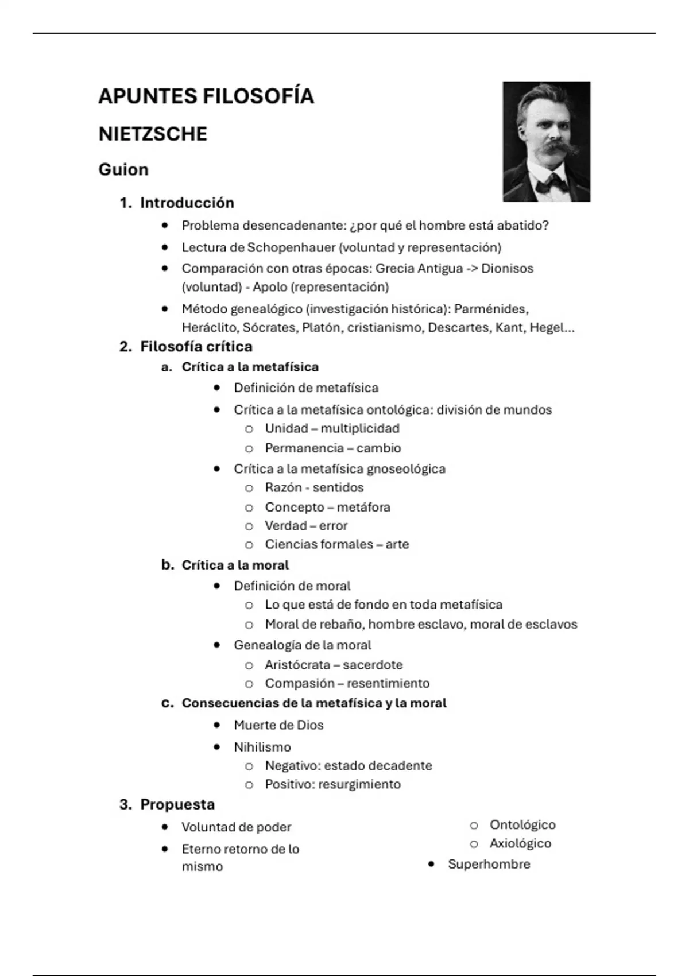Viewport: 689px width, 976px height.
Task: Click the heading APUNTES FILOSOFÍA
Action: (206, 96)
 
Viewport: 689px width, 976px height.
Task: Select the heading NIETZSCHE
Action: (153, 134)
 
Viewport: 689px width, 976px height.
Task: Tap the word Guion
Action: (123, 170)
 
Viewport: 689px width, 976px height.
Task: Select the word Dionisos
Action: (507, 269)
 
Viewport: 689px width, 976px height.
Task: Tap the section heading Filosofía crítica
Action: (196, 347)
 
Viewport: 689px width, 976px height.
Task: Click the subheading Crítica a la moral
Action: (235, 565)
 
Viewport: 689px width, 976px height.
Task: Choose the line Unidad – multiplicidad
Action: (332, 429)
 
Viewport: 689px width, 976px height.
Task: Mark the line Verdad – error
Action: (306, 526)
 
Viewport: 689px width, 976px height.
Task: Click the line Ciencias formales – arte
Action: (336, 544)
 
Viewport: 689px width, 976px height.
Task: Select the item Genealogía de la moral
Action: (302, 645)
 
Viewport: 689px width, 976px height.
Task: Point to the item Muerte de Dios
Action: (278, 725)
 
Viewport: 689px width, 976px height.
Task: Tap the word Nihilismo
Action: (262, 747)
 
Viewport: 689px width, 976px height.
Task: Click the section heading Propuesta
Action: (177, 804)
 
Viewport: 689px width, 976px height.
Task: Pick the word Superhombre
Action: (489, 864)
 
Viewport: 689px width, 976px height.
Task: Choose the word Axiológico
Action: (520, 843)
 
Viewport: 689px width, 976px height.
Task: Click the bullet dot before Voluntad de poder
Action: (165, 827)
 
